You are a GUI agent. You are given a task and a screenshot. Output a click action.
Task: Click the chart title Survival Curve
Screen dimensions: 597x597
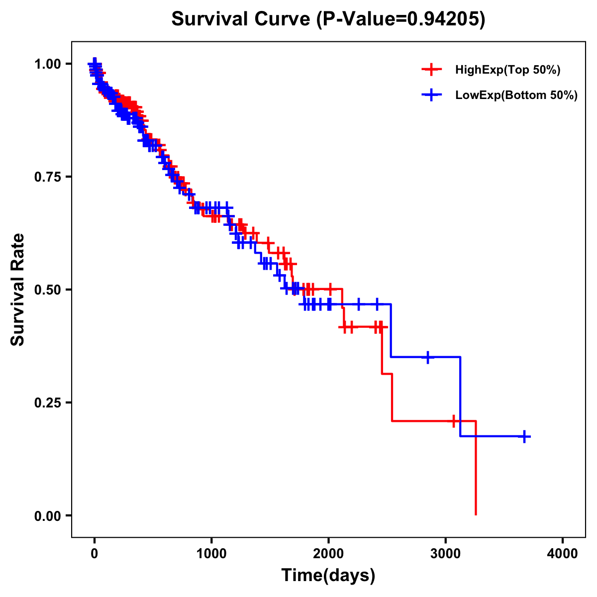(x=243, y=19)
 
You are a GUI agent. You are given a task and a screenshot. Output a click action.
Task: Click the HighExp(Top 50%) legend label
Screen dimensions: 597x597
(x=507, y=70)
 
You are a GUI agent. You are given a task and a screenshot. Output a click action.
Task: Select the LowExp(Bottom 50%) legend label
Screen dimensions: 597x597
(x=516, y=96)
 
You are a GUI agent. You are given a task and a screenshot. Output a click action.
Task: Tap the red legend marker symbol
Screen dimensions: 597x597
(x=431, y=70)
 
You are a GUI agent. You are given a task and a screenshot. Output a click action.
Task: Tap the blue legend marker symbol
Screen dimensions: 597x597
(x=431, y=96)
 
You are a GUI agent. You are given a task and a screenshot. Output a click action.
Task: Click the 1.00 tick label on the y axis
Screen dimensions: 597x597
(x=48, y=64)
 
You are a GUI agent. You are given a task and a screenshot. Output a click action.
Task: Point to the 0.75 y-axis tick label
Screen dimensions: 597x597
(x=48, y=177)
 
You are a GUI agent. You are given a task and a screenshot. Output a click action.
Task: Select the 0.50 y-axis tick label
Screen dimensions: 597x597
(x=48, y=290)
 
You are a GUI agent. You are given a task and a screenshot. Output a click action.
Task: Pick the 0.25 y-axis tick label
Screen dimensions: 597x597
(x=48, y=402)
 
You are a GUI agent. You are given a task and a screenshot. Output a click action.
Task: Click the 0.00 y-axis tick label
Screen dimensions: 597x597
(x=48, y=515)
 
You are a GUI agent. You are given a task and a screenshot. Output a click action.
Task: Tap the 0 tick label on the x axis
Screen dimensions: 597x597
(x=95, y=554)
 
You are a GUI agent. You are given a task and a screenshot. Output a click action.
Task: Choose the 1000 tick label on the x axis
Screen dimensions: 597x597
(x=211, y=554)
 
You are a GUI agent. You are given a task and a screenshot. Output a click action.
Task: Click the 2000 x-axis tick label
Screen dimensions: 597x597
(x=328, y=554)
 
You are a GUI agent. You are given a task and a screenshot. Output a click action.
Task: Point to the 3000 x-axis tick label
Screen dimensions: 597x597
(x=446, y=554)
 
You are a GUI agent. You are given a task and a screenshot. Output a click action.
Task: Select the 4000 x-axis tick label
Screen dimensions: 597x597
(x=563, y=554)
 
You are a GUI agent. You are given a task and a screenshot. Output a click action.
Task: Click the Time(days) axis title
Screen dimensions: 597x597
(x=328, y=576)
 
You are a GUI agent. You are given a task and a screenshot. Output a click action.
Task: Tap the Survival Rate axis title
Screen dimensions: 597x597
(x=18, y=290)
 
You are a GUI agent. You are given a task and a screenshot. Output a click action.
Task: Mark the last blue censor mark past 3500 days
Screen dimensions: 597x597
(x=524, y=436)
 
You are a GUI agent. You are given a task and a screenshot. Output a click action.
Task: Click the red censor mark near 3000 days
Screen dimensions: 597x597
(x=453, y=421)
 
